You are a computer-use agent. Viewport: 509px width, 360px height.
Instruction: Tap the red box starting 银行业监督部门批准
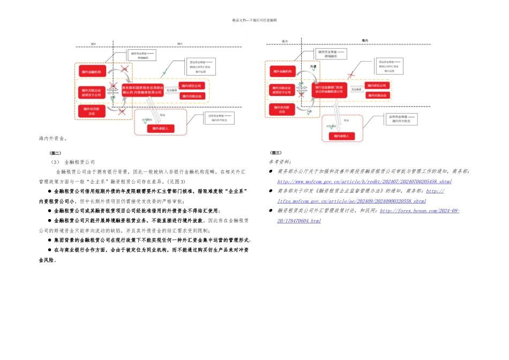(330, 88)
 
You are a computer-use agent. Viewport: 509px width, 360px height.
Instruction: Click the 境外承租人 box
(160, 129)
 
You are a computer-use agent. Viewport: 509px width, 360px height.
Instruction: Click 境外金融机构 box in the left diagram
(92, 71)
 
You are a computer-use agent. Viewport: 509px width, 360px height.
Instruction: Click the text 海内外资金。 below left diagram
(53, 138)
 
